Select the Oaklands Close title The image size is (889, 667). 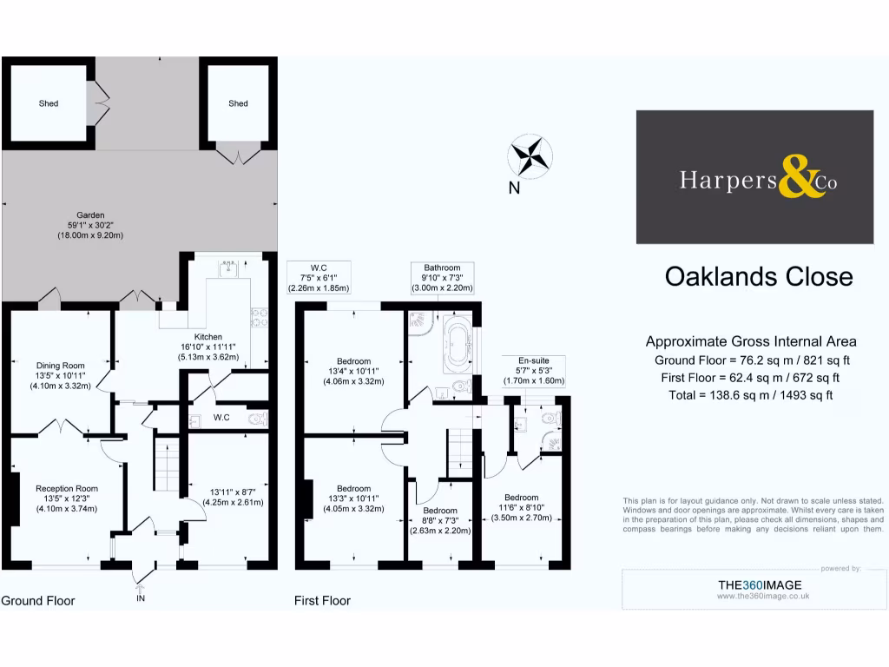point(758,276)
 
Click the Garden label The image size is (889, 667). point(89,225)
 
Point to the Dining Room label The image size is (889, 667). point(60,376)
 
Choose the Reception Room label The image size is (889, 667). point(66,499)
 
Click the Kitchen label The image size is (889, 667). point(208,347)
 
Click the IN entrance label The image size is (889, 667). point(142,598)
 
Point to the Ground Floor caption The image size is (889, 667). point(37,600)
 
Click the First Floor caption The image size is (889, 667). point(322,600)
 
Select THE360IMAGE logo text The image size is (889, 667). point(759,584)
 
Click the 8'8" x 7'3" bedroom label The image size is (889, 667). point(440,520)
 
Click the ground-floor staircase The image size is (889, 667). point(167,466)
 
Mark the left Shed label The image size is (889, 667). point(49,103)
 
